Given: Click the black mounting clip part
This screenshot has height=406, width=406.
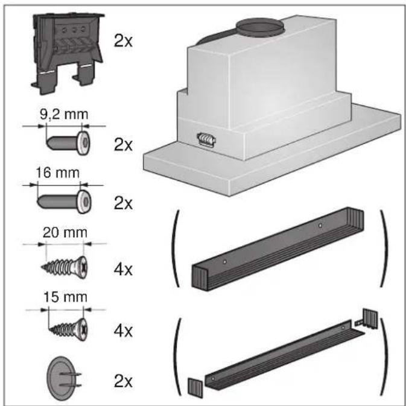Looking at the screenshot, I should tap(63, 48).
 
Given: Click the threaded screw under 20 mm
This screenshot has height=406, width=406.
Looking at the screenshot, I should tap(66, 264).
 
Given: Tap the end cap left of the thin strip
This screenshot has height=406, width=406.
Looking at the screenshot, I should tap(195, 386).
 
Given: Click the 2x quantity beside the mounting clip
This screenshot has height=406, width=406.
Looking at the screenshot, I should tap(124, 42).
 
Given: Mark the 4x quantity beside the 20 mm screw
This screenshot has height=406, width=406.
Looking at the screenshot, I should tap(124, 267).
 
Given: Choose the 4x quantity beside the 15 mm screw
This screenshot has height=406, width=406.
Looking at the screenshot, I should tap(124, 331).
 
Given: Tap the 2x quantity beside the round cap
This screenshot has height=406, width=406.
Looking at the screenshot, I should tap(124, 381).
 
